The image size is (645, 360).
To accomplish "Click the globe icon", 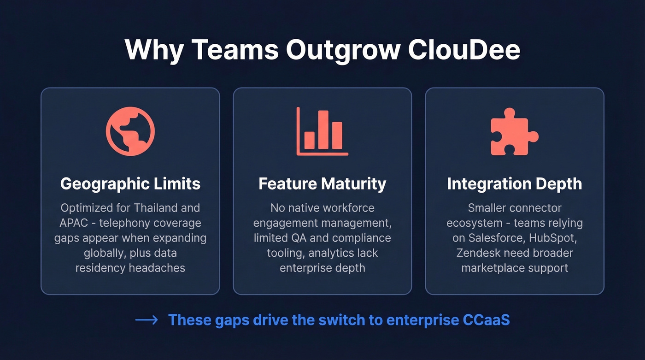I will point(130,131).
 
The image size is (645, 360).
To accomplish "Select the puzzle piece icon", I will point(514,132).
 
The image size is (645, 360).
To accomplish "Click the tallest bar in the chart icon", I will point(323,130).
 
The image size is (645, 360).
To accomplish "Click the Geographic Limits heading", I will point(130,184).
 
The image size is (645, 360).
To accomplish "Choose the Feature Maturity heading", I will point(322,184).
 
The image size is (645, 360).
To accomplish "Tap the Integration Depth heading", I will point(515,184).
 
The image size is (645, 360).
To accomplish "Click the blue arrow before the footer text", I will point(147,320).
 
